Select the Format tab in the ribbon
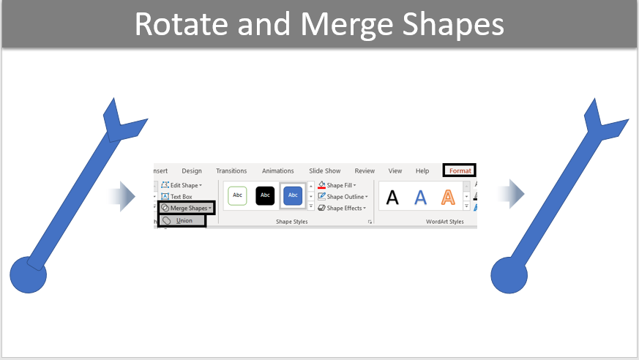[x=460, y=170]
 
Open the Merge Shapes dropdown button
[x=186, y=208]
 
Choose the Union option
[x=182, y=221]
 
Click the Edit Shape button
[x=182, y=185]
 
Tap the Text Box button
[x=176, y=197]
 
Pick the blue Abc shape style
[x=293, y=195]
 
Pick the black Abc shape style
[x=265, y=195]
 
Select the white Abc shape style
[x=238, y=195]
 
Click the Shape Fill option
[x=337, y=185]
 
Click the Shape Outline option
[x=343, y=197]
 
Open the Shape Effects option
[x=342, y=208]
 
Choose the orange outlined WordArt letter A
[x=448, y=198]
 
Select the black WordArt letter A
[x=392, y=198]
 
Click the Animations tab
[x=277, y=171]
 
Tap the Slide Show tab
[x=324, y=171]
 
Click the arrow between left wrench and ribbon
[x=122, y=196]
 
